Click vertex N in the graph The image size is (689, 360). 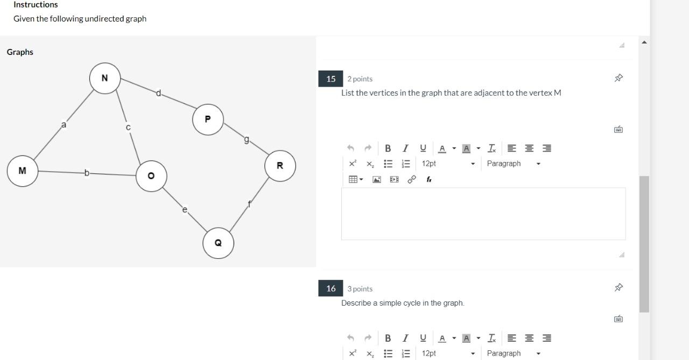(x=104, y=78)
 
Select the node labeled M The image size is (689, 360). (x=22, y=171)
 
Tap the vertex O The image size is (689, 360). (x=151, y=176)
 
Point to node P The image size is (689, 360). (x=208, y=119)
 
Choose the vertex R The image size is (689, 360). (x=280, y=166)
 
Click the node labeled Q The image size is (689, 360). (x=218, y=243)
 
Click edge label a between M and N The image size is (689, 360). (x=64, y=125)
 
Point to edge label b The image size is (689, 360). (x=87, y=173)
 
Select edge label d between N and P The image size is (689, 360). (x=159, y=93)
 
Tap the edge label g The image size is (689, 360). (x=247, y=140)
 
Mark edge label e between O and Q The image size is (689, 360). (x=185, y=209)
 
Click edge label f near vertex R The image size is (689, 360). (x=249, y=204)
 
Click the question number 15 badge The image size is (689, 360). (x=331, y=79)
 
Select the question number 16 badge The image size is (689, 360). (x=331, y=289)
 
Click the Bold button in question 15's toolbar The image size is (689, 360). (x=388, y=148)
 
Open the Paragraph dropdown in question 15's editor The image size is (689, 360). (x=513, y=164)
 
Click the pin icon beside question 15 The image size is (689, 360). (x=618, y=78)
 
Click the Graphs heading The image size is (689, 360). (x=20, y=52)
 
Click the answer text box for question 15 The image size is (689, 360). (x=483, y=214)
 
